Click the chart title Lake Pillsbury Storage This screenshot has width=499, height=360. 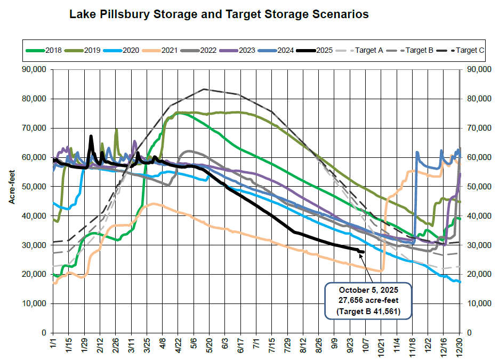pyautogui.click(x=219, y=14)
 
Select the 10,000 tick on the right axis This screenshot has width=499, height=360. pyautogui.click(x=479, y=303)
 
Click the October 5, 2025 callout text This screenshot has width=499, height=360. pyautogui.click(x=368, y=291)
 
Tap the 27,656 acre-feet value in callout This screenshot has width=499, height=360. pyautogui.click(x=368, y=300)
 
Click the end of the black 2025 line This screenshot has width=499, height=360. pyautogui.click(x=363, y=252)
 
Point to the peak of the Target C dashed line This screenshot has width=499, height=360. pyautogui.click(x=204, y=89)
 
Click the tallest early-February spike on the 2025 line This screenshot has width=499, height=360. pyautogui.click(x=91, y=137)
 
